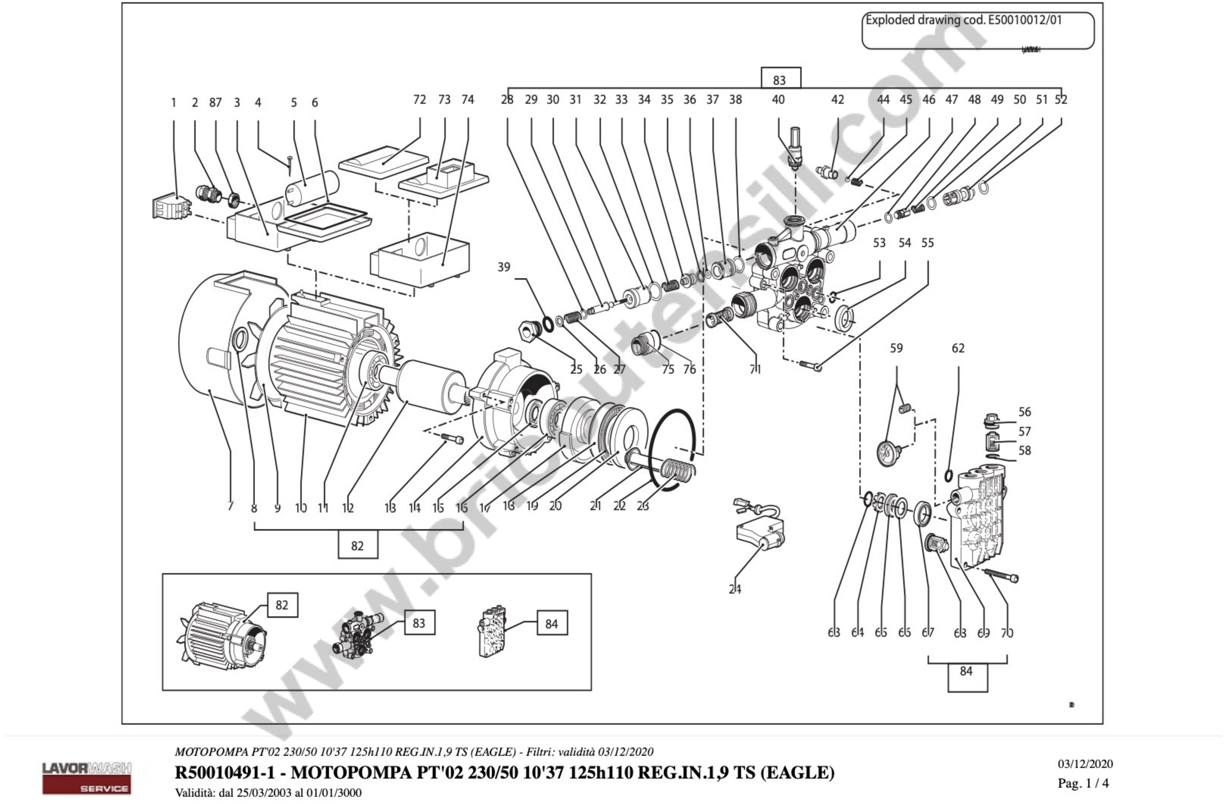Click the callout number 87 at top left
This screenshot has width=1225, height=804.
tap(215, 103)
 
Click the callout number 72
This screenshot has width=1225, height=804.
tap(419, 99)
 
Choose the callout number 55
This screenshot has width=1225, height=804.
tap(927, 243)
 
